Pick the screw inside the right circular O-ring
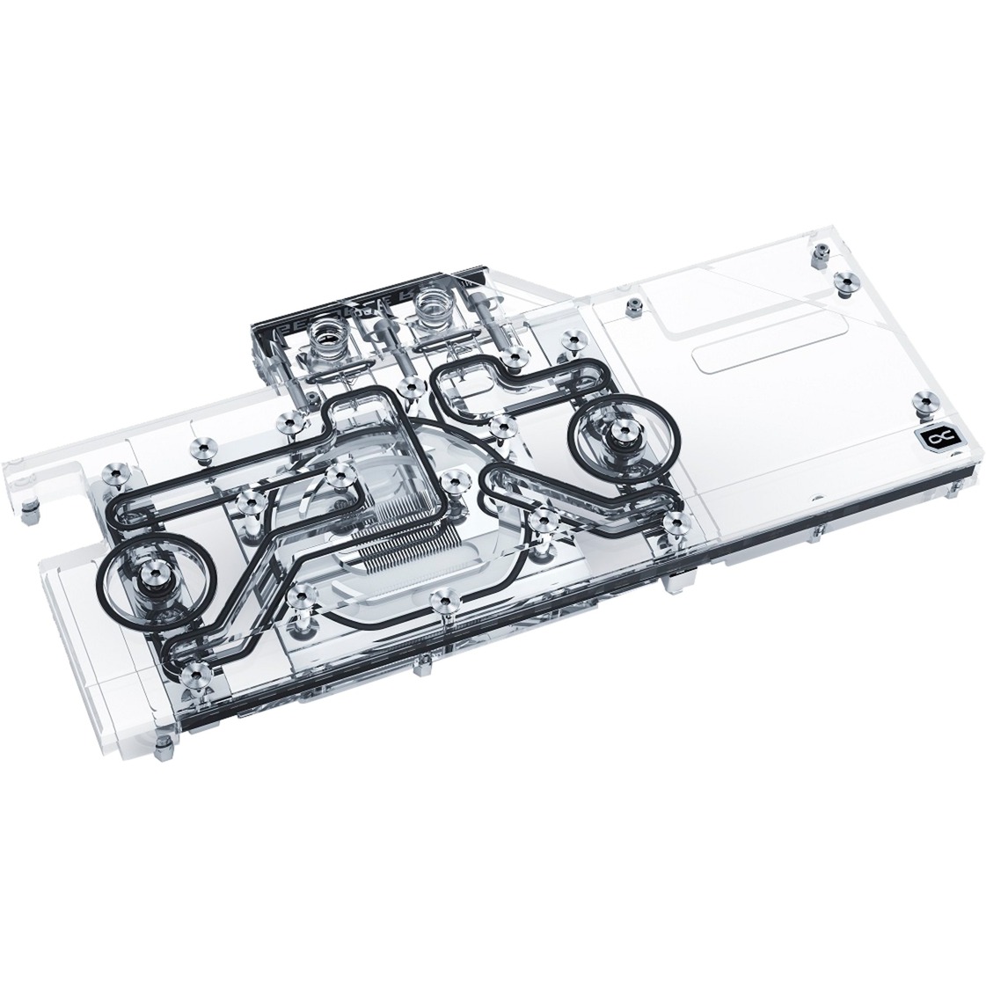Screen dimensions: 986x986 [612, 430]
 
